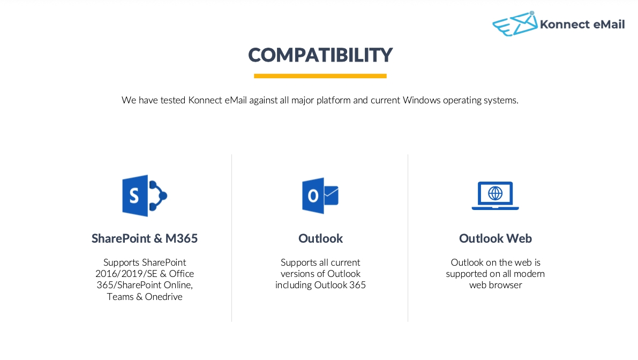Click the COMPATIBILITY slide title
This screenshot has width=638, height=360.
[x=320, y=55]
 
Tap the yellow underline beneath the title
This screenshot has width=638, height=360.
[x=320, y=76]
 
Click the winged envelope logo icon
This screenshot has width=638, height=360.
[x=515, y=24]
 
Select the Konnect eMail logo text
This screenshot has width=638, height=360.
[x=582, y=25]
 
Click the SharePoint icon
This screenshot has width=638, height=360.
[x=145, y=196]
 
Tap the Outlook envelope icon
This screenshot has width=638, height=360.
[x=320, y=196]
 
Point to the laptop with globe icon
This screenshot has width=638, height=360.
[x=495, y=196]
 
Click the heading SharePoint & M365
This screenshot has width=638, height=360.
[x=145, y=238]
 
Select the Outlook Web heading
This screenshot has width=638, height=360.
[x=495, y=238]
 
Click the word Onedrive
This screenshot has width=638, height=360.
[x=163, y=297]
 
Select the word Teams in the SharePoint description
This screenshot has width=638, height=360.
[x=120, y=297]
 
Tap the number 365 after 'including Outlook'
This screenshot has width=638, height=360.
[x=357, y=285]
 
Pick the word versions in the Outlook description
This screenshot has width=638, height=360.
[x=296, y=274]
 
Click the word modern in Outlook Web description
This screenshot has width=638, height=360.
[x=529, y=274]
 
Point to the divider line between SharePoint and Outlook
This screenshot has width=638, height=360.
[x=231, y=238]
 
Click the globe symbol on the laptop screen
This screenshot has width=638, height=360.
[x=495, y=193]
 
